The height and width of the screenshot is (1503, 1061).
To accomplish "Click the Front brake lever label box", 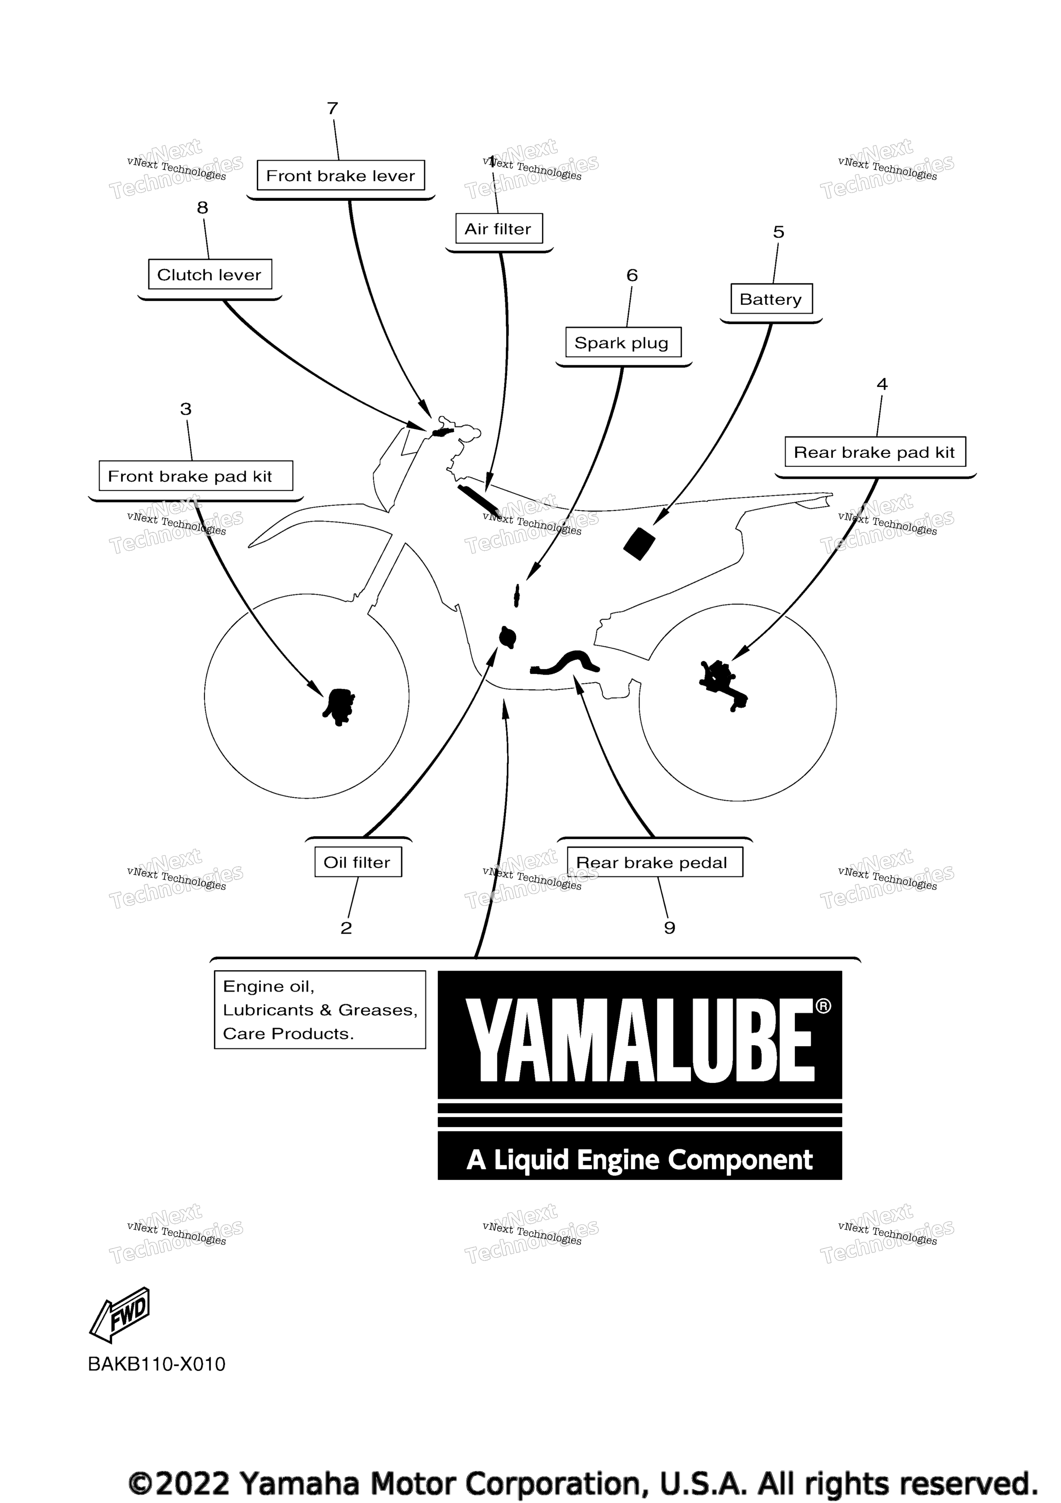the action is pyautogui.click(x=340, y=175).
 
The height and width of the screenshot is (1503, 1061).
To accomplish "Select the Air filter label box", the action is pyautogui.click(x=499, y=229).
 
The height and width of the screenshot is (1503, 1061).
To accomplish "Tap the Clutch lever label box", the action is pyautogui.click(x=209, y=274).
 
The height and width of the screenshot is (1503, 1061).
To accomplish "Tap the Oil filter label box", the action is pyautogui.click(x=358, y=862).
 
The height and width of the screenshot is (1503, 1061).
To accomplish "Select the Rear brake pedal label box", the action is pyautogui.click(x=654, y=862).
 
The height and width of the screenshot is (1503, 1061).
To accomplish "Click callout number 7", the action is pyautogui.click(x=333, y=108).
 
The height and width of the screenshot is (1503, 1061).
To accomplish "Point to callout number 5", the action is pyautogui.click(x=778, y=232).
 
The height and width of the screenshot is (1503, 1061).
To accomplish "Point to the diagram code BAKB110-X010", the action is pyautogui.click(x=156, y=1364).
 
